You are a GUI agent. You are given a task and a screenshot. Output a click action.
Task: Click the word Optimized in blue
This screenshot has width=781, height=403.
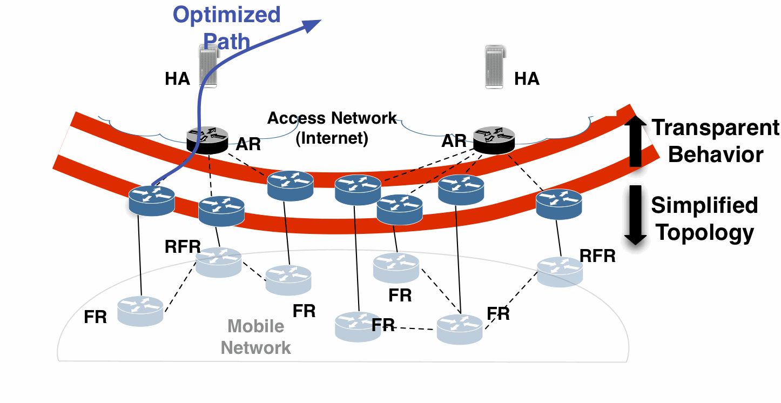click(x=227, y=15)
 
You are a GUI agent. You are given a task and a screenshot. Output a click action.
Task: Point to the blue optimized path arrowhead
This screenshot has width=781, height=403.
click(x=313, y=25)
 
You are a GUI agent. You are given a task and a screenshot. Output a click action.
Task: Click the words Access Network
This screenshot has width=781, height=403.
click(x=332, y=118)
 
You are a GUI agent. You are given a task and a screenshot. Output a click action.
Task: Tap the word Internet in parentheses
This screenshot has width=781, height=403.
click(x=332, y=138)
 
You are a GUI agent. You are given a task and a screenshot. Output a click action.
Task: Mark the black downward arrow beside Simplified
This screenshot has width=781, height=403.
click(x=636, y=215)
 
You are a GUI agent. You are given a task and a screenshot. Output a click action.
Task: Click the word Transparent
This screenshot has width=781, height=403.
click(x=716, y=128)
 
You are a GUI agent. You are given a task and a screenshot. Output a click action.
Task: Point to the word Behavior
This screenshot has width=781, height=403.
click(x=716, y=155)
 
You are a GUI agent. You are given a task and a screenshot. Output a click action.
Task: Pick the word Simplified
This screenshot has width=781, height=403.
click(x=704, y=205)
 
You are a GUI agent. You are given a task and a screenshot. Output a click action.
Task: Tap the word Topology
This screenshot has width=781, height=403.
click(x=704, y=232)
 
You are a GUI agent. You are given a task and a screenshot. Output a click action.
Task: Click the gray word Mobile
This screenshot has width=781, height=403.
click(x=255, y=326)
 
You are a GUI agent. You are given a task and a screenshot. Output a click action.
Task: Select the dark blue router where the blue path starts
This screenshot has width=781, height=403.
click(x=152, y=200)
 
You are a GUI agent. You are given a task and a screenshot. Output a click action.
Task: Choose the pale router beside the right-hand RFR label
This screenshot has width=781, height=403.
click(x=560, y=271)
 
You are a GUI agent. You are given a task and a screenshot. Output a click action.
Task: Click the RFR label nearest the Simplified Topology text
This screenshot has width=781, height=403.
click(x=597, y=256)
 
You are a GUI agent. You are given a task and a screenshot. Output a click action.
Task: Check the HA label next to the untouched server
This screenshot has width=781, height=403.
click(x=527, y=79)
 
